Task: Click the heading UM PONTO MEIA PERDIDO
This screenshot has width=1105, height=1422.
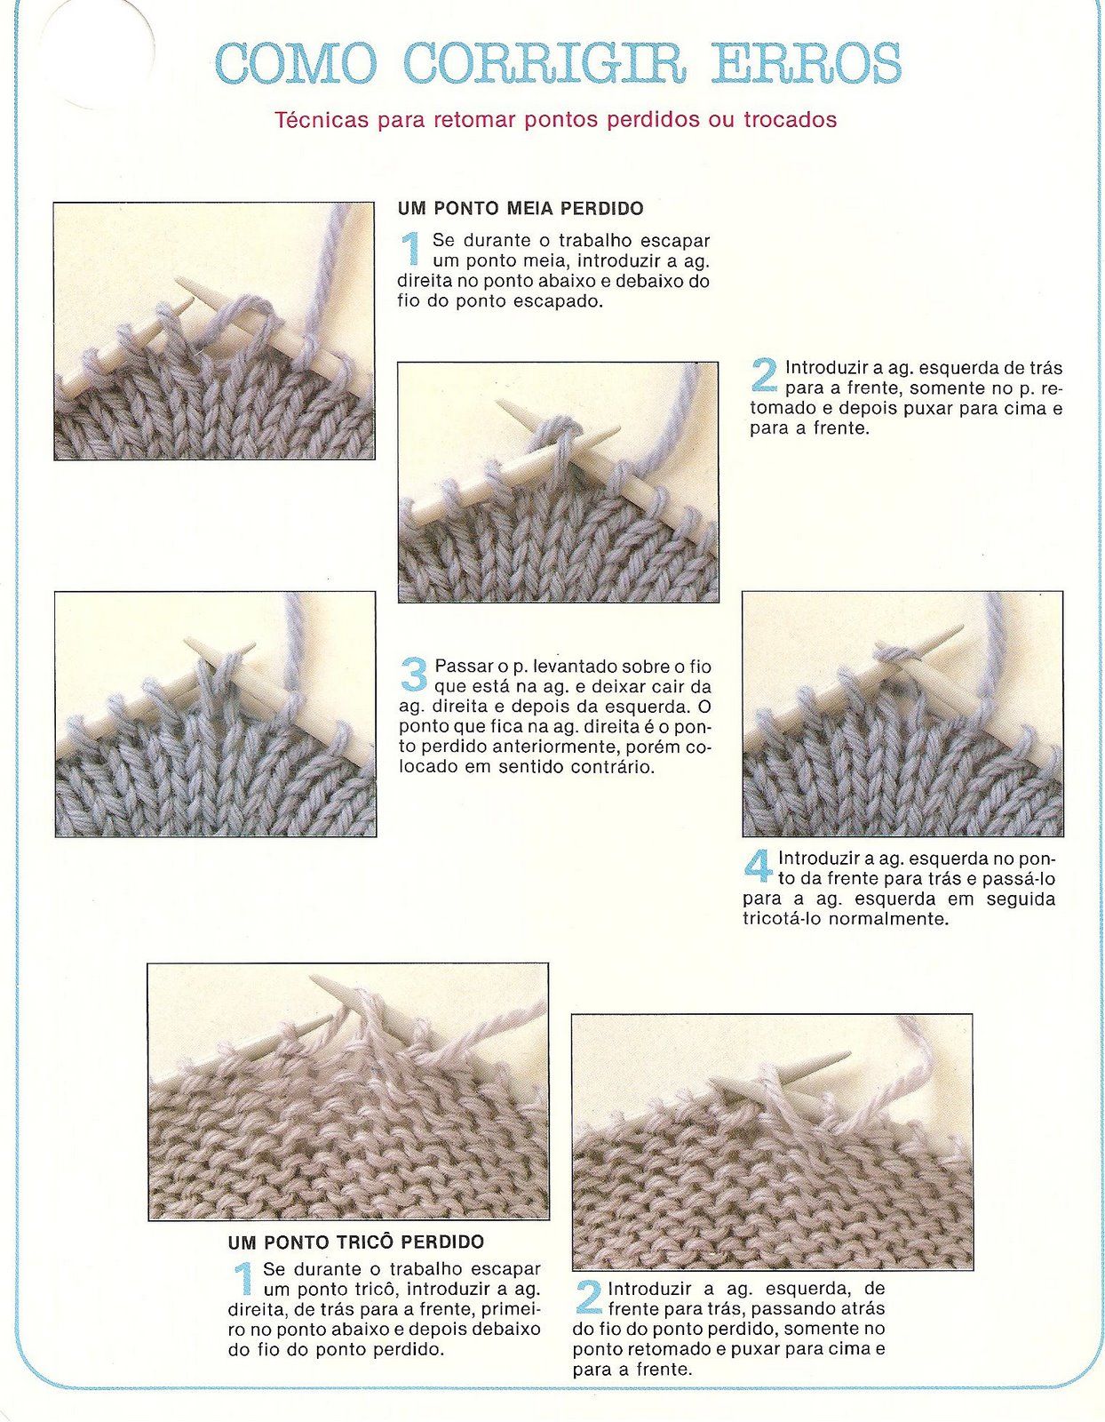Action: [x=520, y=209]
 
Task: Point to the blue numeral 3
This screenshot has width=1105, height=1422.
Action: [x=413, y=674]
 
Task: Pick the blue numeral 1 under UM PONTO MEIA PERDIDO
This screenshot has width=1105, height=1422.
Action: [x=411, y=249]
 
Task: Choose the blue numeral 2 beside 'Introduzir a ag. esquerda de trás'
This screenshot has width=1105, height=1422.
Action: [x=764, y=375]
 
